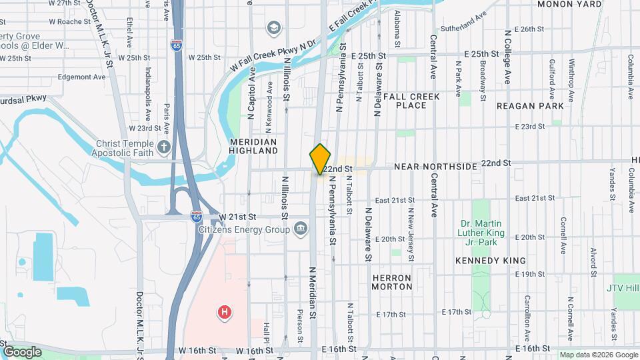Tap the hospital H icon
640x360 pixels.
225,311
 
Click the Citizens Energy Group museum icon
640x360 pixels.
301,229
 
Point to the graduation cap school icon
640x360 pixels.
273,28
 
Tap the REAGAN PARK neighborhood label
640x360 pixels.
530,106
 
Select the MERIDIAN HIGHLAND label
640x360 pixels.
253,147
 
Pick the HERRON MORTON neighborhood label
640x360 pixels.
392,282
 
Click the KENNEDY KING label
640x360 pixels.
491,261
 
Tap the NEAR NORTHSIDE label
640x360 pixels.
435,165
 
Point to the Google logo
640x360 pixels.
22,351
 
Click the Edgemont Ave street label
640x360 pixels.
81,77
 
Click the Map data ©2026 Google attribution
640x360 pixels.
598,355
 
